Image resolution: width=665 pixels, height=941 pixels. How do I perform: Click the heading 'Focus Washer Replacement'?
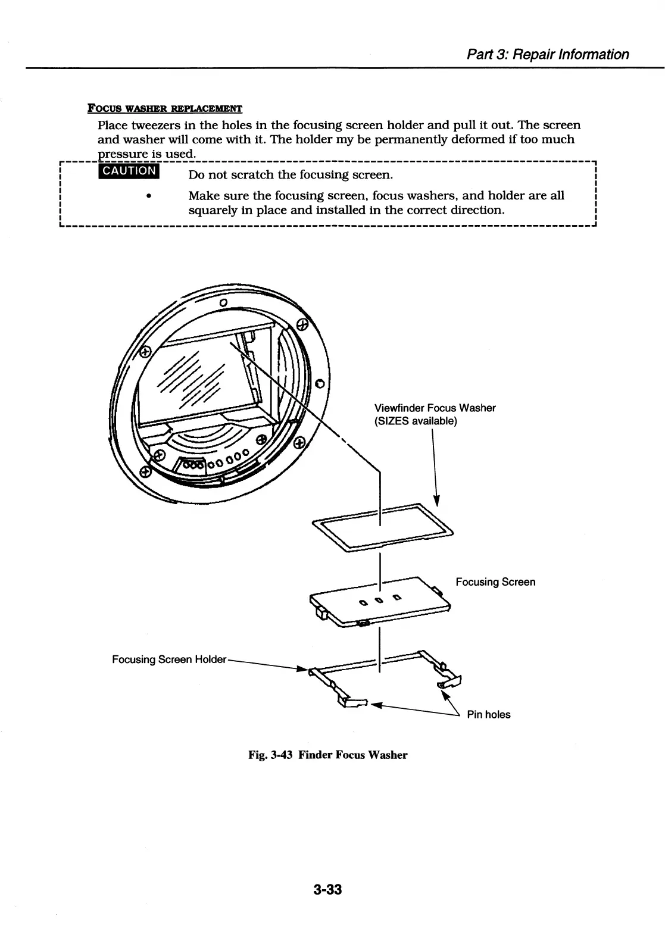[x=165, y=109]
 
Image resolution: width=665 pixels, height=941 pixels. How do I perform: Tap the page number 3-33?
[x=327, y=890]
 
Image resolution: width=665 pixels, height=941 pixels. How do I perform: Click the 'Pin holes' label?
[x=488, y=715]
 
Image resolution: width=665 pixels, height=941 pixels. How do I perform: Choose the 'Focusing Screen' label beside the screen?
[x=495, y=582]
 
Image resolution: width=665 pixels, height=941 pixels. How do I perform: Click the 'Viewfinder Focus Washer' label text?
[x=435, y=408]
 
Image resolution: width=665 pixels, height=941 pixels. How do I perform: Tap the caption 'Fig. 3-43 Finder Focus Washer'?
[x=328, y=755]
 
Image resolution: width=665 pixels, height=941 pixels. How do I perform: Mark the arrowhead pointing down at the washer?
[x=436, y=499]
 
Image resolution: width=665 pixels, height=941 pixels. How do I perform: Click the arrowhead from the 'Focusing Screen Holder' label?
[x=301, y=668]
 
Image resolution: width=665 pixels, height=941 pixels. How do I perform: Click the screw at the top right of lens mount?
[x=302, y=325]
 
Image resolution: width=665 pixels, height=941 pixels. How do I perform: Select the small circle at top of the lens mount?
[x=223, y=302]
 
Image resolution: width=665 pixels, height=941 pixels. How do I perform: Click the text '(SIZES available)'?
[x=416, y=421]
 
